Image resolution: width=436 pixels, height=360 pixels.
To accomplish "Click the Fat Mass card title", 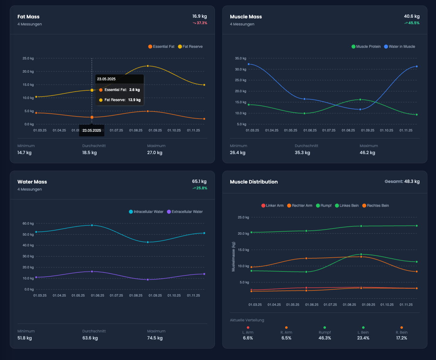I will coord(29,17).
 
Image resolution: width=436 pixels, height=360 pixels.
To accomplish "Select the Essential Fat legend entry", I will coord(161,47).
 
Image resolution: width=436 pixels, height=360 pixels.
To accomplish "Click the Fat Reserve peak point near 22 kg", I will coord(148,66).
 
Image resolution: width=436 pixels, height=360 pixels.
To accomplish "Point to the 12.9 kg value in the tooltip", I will coord(134,100).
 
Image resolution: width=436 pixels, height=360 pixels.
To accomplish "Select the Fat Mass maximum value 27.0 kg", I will coord(155,153).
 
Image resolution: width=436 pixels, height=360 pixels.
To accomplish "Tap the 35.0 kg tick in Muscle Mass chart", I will coord(241,58).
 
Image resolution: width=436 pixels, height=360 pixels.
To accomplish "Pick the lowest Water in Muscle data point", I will coord(360,109).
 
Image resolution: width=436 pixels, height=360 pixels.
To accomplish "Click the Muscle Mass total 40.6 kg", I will coord(411,17).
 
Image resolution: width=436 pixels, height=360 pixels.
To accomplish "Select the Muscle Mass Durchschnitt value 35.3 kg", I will coord(302,153).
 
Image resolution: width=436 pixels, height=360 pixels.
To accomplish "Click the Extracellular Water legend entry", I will coord(185,212).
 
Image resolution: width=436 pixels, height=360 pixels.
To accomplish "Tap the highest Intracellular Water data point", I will coord(92,225).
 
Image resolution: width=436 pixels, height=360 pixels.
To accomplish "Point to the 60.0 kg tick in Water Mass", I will coord(28,223).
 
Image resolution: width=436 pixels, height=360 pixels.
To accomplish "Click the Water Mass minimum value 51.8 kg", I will coord(25,338).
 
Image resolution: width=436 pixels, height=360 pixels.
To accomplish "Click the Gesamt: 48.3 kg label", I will coord(402,181).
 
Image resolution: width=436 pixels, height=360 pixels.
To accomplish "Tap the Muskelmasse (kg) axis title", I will coord(234,256).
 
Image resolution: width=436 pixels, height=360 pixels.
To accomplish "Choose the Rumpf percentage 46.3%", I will coord(325,338).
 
